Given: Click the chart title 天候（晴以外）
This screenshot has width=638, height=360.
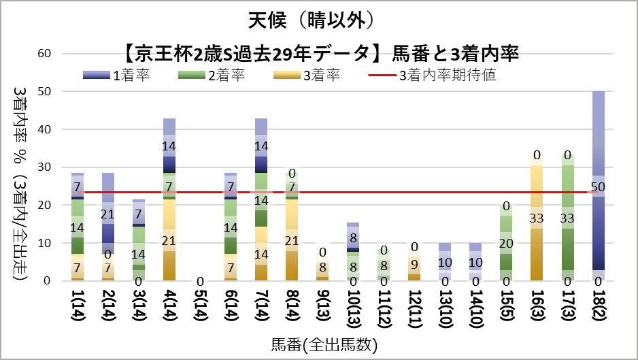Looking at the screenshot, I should click(x=318, y=20).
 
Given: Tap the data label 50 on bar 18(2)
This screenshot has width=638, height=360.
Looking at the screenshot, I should click(x=599, y=186).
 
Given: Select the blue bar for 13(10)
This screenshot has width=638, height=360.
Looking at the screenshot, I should click(x=444, y=262).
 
